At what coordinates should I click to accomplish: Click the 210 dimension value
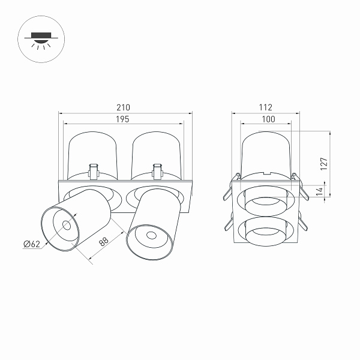click(x=123, y=107)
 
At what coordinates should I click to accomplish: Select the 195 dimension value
click(x=122, y=119)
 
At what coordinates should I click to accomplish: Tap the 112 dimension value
click(x=266, y=107)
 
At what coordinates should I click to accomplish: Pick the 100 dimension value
click(x=268, y=119)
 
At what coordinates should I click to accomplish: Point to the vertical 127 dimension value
click(x=324, y=164)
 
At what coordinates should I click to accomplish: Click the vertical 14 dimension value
click(x=320, y=191)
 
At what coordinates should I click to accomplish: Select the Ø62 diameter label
click(x=32, y=244)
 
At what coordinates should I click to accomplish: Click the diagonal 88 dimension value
click(x=104, y=242)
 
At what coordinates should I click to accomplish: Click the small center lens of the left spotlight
click(x=67, y=225)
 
